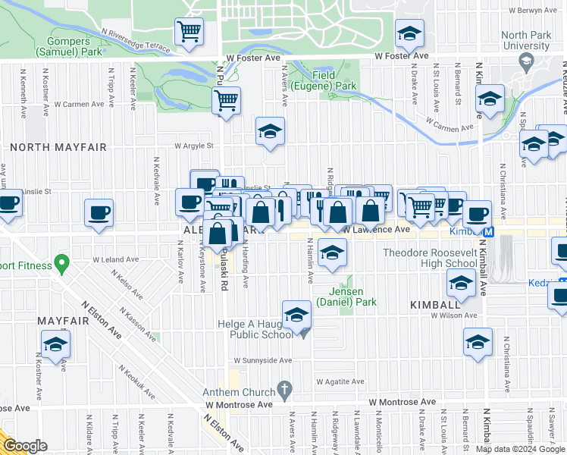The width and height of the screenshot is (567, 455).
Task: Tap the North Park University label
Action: coord(525,41)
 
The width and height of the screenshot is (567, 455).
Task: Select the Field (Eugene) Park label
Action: coord(334,81)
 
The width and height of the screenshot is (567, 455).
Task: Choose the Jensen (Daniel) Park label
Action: coord(352,297)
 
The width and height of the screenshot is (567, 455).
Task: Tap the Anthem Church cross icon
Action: coord(284,391)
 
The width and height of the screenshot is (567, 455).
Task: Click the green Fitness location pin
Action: coord(61,265)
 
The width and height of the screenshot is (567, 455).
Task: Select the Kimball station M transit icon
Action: coord(489,231)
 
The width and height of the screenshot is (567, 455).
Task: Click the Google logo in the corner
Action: coord(24,446)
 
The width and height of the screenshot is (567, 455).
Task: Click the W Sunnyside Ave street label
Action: coord(262,361)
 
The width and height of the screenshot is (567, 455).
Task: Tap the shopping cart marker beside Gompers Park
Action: coord(189,33)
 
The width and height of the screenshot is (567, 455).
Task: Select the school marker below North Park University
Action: coord(490,100)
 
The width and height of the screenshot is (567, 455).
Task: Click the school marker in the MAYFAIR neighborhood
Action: coord(55,346)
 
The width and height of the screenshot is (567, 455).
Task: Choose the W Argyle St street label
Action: coord(195,146)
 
